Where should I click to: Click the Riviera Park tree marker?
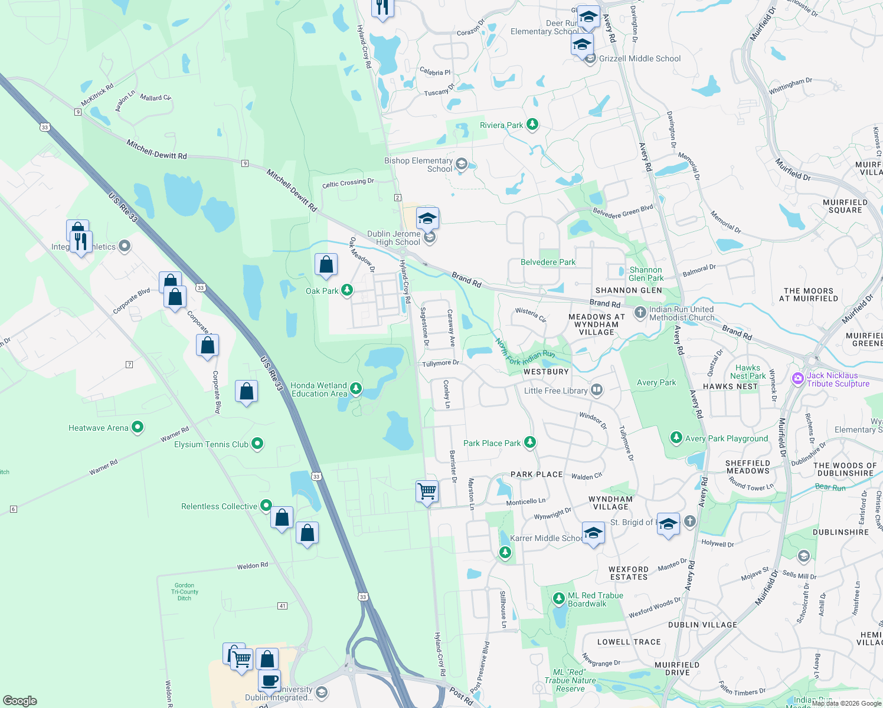coord(532,124)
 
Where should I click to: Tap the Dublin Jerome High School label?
coord(394,238)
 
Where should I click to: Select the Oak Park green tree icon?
coord(347,290)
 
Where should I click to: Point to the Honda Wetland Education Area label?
coord(319,389)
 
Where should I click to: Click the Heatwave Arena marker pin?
coord(138,427)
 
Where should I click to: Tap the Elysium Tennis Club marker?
coord(257,444)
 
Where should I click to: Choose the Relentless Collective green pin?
coord(266,506)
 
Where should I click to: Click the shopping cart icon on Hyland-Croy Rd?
coord(427,491)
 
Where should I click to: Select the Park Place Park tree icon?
coord(530,442)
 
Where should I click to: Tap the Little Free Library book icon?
coord(597,389)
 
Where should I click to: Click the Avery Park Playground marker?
coord(676,438)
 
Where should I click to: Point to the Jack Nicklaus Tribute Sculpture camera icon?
coord(798,378)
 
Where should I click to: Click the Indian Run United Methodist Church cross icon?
coord(640,313)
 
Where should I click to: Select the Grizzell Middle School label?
coord(640,58)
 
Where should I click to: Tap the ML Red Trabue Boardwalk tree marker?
coord(558,599)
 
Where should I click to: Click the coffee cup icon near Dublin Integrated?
coord(270,680)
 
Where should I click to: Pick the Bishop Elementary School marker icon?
coord(462,164)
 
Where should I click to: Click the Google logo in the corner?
coord(20,700)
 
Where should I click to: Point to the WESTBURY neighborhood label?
coord(546,372)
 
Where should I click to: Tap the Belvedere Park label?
coord(548,262)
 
